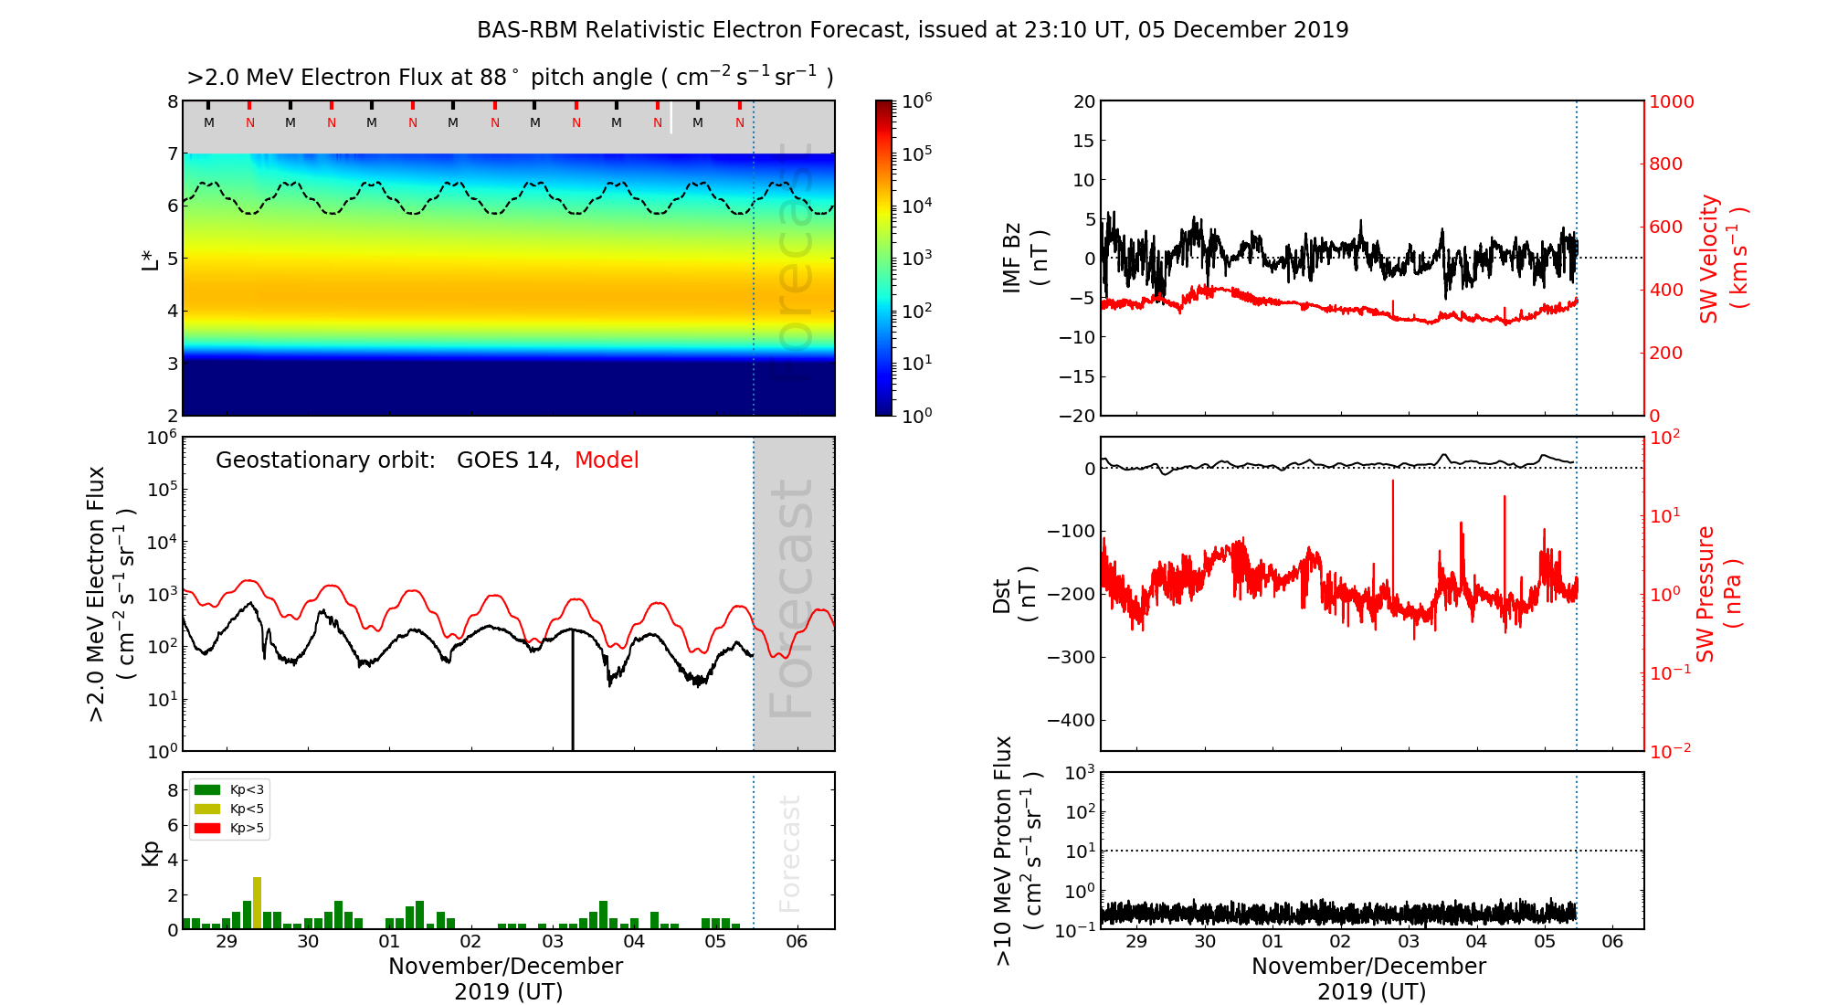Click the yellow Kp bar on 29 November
(x=257, y=903)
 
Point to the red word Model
(x=607, y=460)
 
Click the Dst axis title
(x=1014, y=595)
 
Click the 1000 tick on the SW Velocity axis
(x=1671, y=101)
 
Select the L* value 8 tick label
(x=172, y=101)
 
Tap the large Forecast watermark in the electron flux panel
(x=791, y=598)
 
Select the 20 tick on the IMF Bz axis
(x=1083, y=101)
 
